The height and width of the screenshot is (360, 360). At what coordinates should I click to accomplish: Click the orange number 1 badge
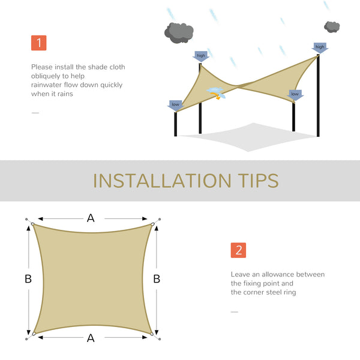coord(38,43)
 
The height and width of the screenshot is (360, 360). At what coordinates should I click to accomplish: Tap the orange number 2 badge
coord(238,250)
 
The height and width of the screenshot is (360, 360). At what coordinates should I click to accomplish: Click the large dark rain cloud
coord(179,32)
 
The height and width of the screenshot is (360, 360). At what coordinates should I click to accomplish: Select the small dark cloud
coord(332,26)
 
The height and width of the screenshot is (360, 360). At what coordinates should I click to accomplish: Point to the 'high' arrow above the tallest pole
coord(320,48)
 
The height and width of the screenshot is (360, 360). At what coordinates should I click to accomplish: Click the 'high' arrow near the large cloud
coord(200,56)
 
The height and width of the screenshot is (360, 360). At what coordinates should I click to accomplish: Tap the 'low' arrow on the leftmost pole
coord(175,106)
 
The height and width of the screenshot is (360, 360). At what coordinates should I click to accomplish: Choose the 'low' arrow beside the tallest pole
coord(295,95)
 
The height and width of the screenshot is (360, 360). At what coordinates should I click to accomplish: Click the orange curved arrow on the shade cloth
coord(217,95)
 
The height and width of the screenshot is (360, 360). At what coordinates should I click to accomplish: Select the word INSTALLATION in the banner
coord(162,181)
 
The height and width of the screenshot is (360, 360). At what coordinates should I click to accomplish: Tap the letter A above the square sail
coord(91,218)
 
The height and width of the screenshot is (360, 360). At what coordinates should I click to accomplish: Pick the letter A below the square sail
coord(91,338)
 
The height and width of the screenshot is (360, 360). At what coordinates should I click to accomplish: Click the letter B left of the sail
coord(28,279)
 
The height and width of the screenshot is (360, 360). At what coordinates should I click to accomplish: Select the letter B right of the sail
coord(157,279)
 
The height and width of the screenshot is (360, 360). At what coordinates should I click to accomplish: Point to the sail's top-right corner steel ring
coord(152,224)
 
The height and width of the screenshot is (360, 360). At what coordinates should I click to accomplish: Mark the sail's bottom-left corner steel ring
coord(34,334)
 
